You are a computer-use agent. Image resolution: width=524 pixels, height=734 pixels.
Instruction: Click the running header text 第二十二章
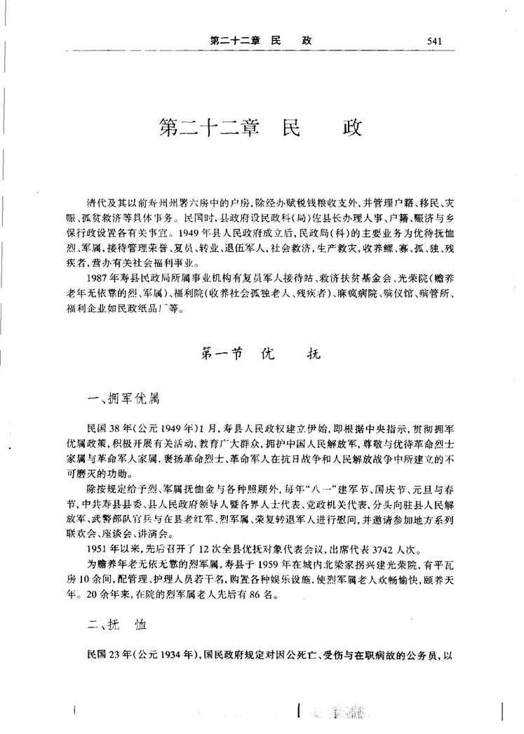pyautogui.click(x=235, y=41)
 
